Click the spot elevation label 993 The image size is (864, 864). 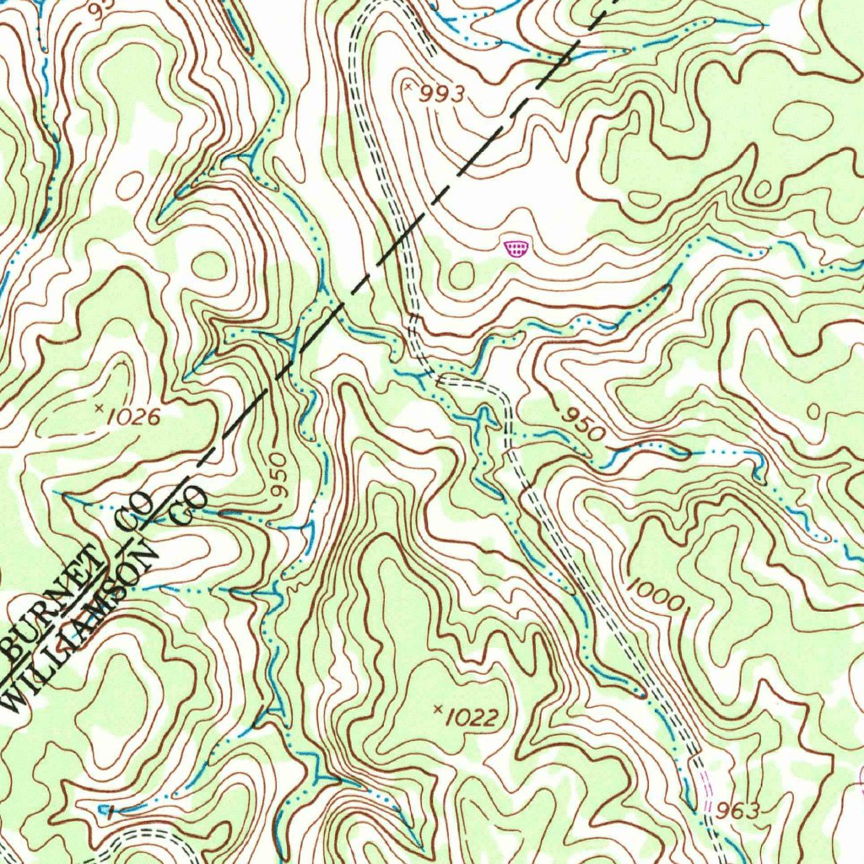pyautogui.click(x=442, y=94)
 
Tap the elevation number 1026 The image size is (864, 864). pyautogui.click(x=133, y=415)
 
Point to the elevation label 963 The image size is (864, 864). pyautogui.click(x=737, y=811)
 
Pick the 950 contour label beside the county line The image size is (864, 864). pyautogui.click(x=280, y=478)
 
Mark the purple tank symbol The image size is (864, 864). pyautogui.click(x=516, y=248)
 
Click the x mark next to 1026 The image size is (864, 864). pyautogui.click(x=100, y=409)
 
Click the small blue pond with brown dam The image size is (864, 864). pyautogui.click(x=105, y=810)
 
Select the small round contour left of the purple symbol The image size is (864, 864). pyautogui.click(x=462, y=273)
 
